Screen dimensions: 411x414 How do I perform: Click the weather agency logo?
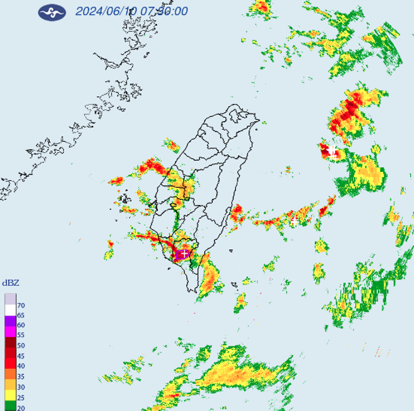tap(52, 12)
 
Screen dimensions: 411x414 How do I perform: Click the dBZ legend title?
tap(11, 283)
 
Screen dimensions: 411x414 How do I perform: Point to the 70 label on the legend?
tap(21, 305)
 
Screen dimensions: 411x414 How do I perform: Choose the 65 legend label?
tap(21, 315)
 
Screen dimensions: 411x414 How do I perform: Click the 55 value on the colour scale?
tap(21, 335)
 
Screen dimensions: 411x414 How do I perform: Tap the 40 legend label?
tap(21, 365)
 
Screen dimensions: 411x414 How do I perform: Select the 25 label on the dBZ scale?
tap(21, 396)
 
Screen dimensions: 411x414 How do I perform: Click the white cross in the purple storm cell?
tap(183, 254)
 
